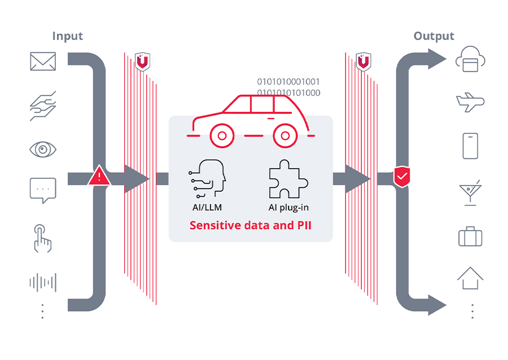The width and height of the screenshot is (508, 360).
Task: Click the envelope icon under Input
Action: point(43,61)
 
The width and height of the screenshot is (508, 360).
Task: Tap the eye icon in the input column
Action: point(43,150)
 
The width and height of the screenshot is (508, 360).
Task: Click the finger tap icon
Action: point(43,238)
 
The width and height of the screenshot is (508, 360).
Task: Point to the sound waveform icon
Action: point(43,282)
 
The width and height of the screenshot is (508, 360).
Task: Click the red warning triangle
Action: point(99,177)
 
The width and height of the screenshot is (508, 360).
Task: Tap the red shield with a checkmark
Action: point(401,177)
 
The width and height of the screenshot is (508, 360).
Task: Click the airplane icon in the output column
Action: point(470,103)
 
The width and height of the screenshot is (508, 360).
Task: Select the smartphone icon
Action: point(470,146)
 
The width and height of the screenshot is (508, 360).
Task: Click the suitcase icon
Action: point(470,235)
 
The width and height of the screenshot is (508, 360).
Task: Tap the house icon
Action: point(470,278)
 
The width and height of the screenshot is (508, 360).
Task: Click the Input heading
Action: point(67,36)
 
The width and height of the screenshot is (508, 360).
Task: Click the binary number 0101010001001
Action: point(288,81)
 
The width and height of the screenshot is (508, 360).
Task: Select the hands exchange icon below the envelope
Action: point(43,106)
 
